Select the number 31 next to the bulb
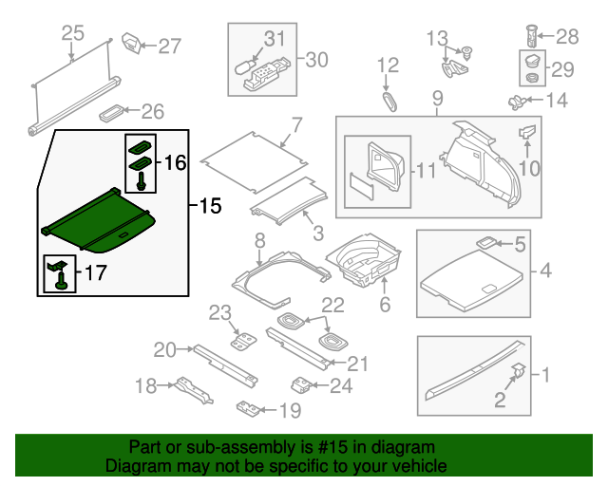(x=274, y=39)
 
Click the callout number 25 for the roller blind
(x=73, y=34)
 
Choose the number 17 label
(x=95, y=273)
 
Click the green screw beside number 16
(x=141, y=179)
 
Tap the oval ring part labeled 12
(x=389, y=102)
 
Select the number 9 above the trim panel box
(x=437, y=99)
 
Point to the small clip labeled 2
(x=519, y=370)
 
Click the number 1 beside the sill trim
(x=544, y=375)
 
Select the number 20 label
(x=165, y=350)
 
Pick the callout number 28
(x=566, y=37)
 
